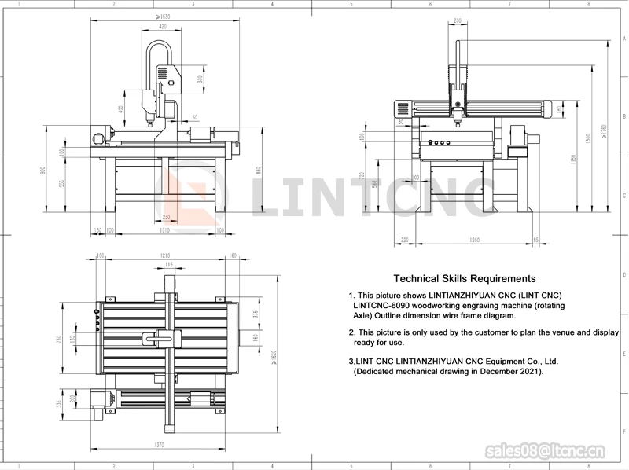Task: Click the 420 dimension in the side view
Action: pos(163,26)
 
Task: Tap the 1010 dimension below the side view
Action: pos(164,231)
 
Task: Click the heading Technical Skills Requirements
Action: pos(464,278)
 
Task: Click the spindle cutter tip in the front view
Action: pos(458,124)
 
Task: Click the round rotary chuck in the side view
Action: pos(97,139)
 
